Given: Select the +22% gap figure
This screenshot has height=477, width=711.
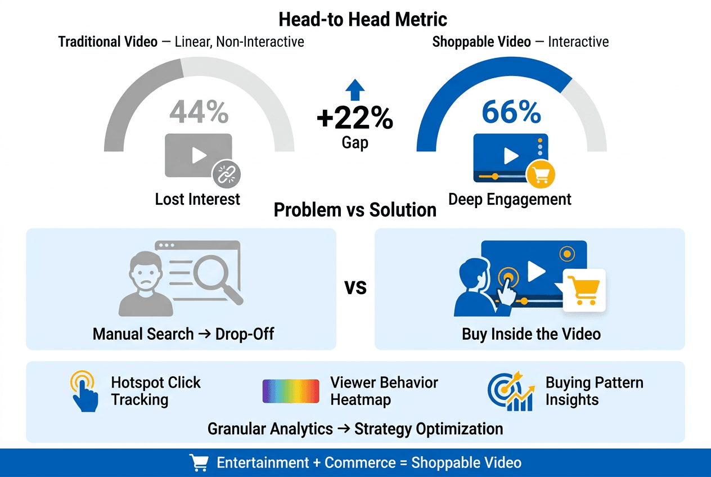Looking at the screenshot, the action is coord(355,118).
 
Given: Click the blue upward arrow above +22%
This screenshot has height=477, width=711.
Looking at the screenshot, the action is coord(355,90).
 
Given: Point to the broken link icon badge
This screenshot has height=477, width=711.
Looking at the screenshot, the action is coord(226,174).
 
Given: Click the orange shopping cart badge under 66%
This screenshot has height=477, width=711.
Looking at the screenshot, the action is coord(541,174).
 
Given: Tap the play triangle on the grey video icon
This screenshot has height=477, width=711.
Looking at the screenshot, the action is coord(199,155).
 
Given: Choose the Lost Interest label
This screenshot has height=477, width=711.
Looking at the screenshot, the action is coord(197,200).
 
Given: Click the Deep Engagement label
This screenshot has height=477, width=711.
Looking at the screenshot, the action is coord(510,200).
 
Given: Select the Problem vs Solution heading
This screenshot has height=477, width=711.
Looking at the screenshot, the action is coord(355,210).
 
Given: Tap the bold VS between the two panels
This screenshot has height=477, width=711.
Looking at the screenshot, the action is coord(355,287).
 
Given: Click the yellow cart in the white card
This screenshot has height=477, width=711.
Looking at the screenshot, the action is coord(583,290).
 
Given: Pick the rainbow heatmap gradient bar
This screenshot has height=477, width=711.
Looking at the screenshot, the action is coord(291,391).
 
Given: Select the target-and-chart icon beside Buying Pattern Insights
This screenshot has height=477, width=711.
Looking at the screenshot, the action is coord(511,391).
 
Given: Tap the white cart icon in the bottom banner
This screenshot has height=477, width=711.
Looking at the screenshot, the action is coord(199,463).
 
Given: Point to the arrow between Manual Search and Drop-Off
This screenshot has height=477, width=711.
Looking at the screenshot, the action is coord(204,334).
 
